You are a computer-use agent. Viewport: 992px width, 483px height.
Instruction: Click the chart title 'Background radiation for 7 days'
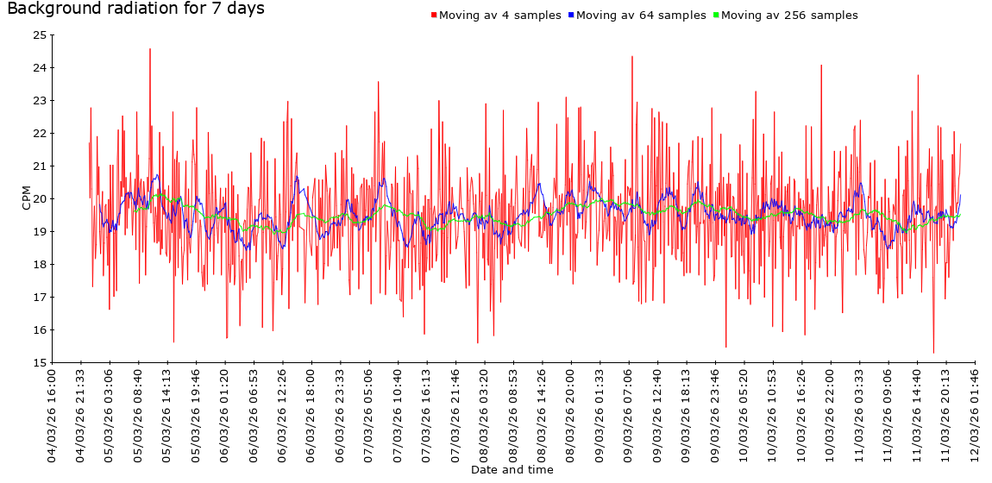135,9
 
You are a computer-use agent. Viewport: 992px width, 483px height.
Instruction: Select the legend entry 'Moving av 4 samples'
499,16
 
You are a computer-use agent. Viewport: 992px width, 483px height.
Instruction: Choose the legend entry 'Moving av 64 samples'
640,16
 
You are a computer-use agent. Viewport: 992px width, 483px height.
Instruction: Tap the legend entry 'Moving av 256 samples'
788,16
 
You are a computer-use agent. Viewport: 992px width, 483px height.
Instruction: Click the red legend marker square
434,16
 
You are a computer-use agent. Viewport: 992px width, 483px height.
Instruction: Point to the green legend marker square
716,16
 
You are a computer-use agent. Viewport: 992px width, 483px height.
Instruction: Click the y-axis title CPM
26,198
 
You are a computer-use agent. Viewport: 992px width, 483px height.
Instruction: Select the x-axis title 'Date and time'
512,470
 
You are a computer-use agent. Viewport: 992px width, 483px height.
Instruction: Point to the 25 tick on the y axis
40,35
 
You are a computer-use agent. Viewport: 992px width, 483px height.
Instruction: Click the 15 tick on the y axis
40,362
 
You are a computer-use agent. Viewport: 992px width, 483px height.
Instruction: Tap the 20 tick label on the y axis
40,198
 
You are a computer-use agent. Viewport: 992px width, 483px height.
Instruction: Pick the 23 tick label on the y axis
40,100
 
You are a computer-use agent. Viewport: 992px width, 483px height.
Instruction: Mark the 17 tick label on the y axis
40,297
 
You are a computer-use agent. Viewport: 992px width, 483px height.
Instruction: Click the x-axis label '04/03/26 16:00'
52,415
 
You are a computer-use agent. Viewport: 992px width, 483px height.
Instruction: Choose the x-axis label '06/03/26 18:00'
311,415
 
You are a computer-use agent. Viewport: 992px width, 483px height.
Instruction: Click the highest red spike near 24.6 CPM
150,50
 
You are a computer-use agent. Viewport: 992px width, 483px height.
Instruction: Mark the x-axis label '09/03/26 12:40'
657,415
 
